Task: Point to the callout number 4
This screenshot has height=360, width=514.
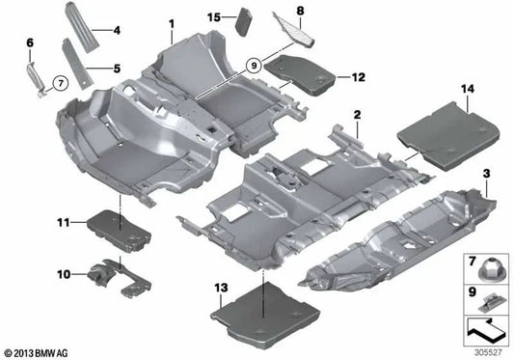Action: click(x=117, y=30)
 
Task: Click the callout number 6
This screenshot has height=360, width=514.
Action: click(x=30, y=42)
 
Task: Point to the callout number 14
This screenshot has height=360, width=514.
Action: click(x=469, y=90)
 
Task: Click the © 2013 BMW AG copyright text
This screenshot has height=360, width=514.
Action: click(x=37, y=350)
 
